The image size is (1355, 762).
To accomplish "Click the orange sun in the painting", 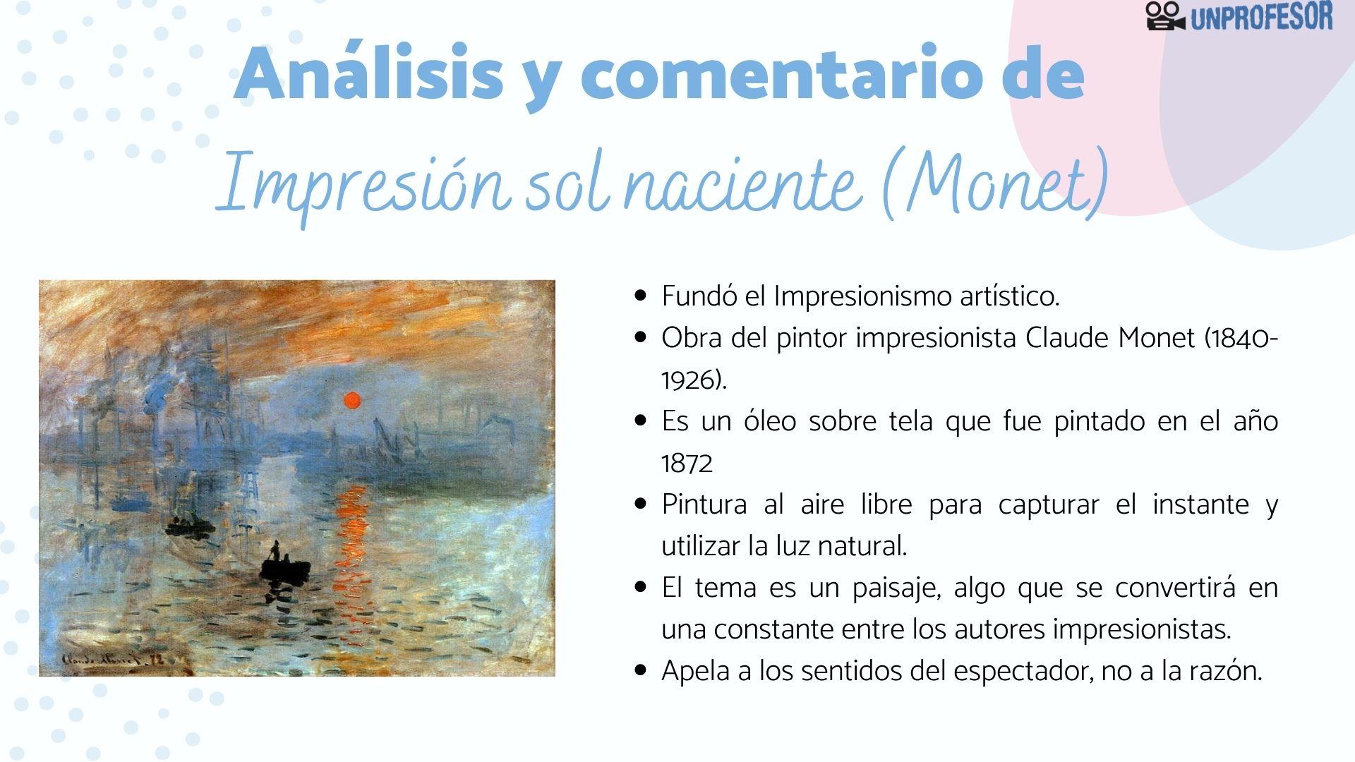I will pyautogui.click(x=351, y=401).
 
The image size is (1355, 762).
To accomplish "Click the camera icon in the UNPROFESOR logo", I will pyautogui.click(x=1165, y=16).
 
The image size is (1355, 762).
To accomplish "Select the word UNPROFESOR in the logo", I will pyautogui.click(x=1261, y=17).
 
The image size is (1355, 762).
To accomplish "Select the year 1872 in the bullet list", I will pyautogui.click(x=687, y=464).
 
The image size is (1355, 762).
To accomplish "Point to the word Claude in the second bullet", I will pyautogui.click(x=1067, y=339).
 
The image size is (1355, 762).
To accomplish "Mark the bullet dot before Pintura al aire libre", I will pyautogui.click(x=641, y=504).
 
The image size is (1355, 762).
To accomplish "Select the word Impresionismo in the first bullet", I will pyautogui.click(x=862, y=297).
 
